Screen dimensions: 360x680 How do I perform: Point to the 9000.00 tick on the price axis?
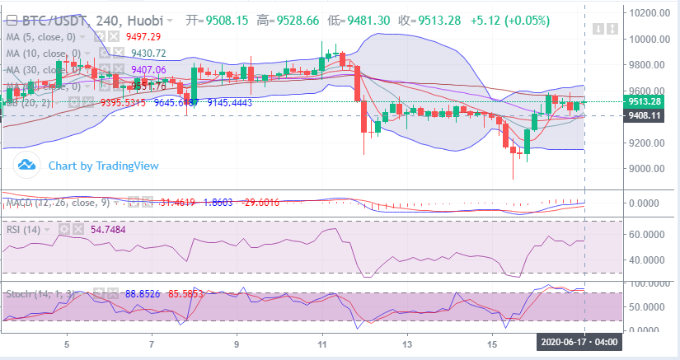tap(645, 169)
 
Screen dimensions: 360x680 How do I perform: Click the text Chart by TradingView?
tap(103, 166)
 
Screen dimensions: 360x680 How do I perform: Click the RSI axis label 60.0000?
tap(647, 235)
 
